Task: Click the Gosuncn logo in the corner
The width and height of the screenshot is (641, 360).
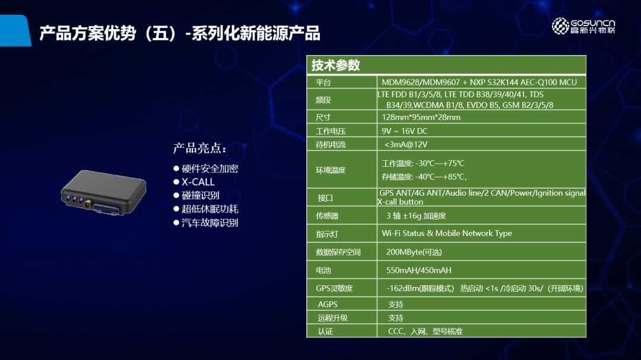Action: (583, 26)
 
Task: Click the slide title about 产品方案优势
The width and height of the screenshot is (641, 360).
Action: (180, 33)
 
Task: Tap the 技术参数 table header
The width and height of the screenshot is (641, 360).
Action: (335, 65)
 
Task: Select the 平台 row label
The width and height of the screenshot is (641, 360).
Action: (323, 82)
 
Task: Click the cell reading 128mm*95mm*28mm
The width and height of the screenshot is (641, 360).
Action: (421, 117)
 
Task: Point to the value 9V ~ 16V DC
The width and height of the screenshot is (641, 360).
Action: (404, 131)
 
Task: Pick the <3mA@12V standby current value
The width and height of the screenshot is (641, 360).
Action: (405, 145)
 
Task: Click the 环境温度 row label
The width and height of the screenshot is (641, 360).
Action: (331, 170)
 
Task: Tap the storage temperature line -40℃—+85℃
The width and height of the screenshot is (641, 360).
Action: (424, 177)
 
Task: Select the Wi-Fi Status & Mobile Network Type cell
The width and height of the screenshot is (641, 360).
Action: (446, 233)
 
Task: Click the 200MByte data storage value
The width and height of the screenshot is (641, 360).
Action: (414, 252)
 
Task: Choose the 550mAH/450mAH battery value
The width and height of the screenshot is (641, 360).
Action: (418, 270)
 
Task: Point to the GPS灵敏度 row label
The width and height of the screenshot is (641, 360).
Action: (334, 288)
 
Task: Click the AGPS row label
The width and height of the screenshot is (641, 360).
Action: (328, 304)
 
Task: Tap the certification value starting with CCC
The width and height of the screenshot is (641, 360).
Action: (425, 332)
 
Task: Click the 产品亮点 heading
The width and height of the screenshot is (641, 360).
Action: (199, 148)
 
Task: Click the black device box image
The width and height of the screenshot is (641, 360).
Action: (103, 193)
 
